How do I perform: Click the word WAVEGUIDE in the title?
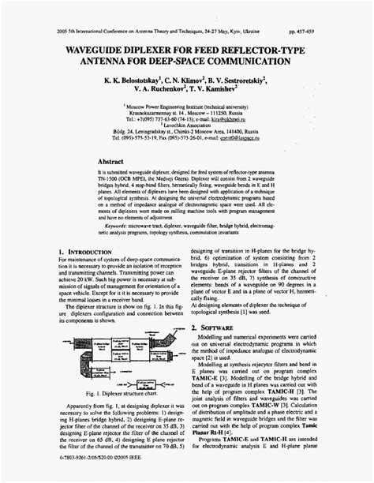pos(88,28)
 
